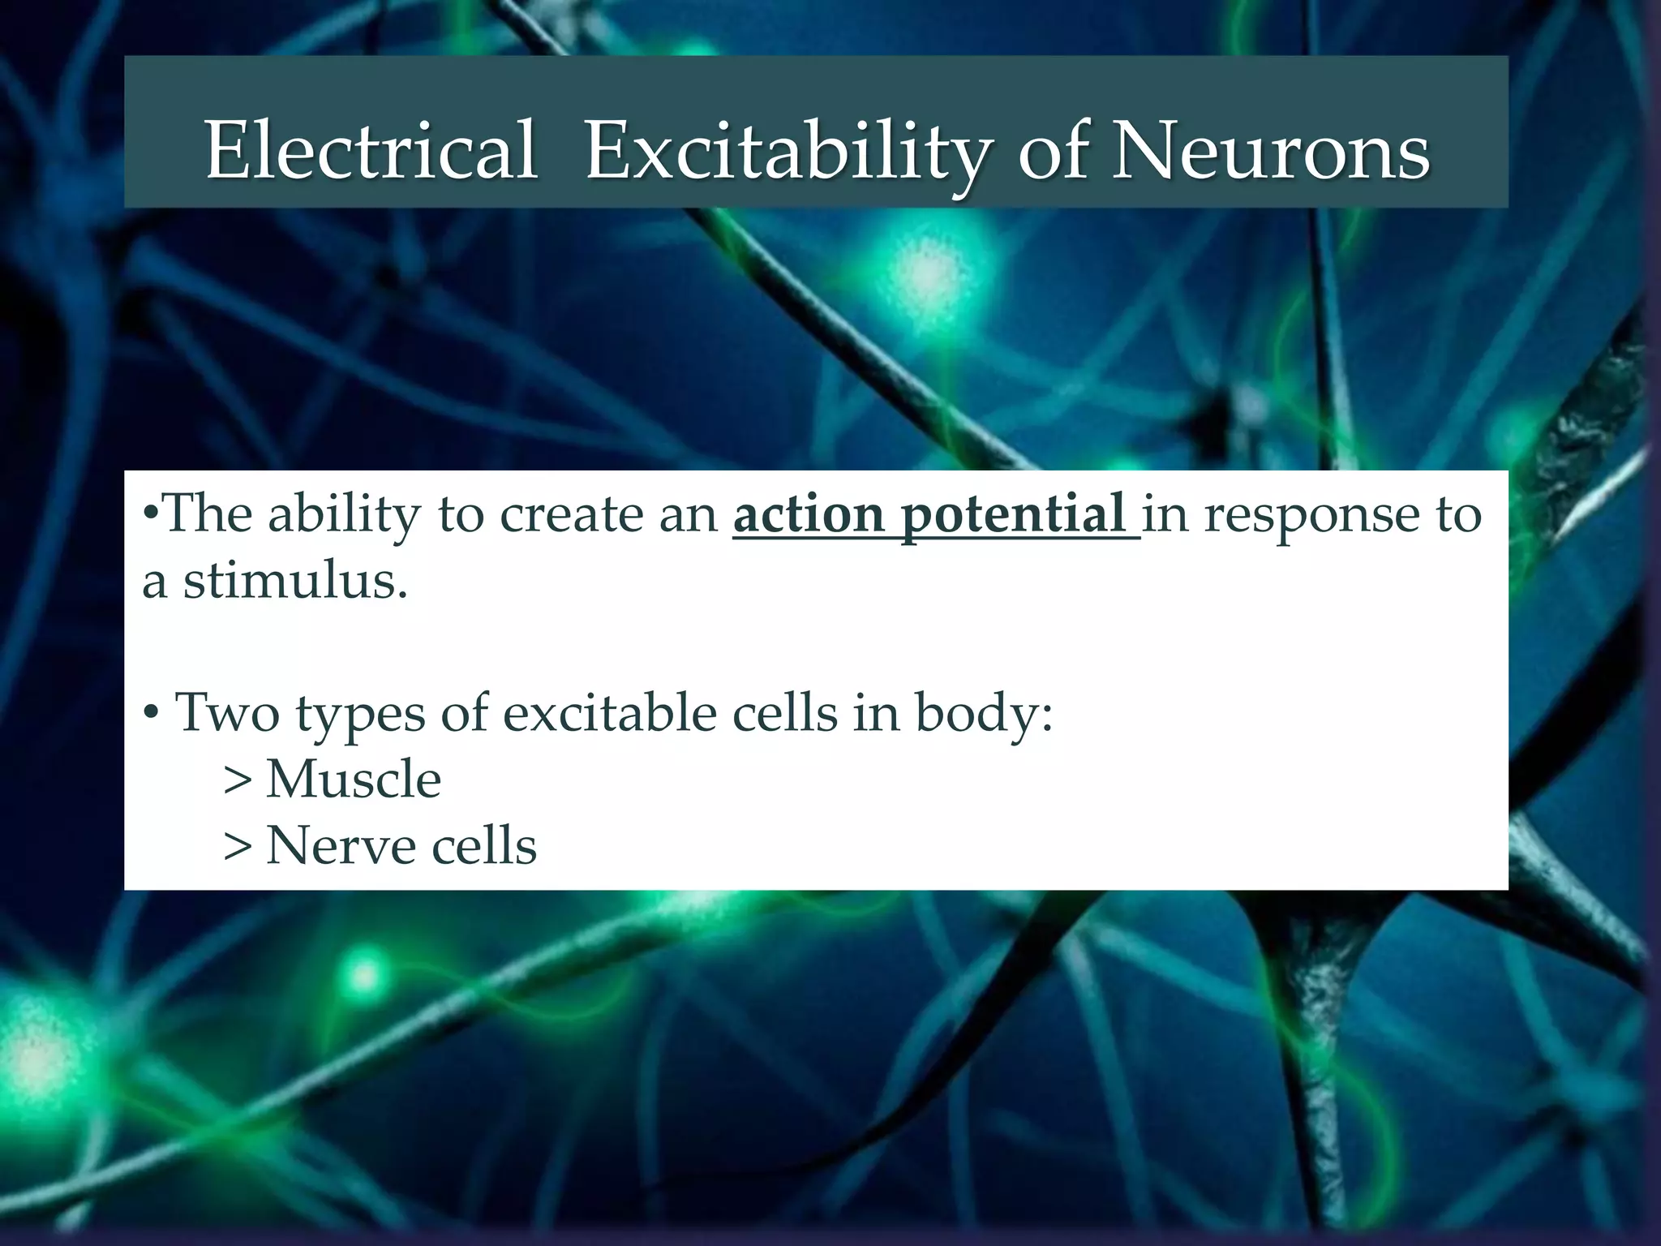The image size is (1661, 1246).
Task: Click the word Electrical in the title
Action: tap(371, 151)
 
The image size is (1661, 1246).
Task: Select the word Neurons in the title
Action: tap(1270, 151)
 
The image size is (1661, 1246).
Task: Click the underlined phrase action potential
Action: tap(934, 514)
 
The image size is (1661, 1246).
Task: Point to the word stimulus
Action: tap(294, 581)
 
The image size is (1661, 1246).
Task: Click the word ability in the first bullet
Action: tap(344, 514)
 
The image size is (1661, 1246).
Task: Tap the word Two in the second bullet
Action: tap(227, 712)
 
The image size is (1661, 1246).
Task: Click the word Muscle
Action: tap(354, 779)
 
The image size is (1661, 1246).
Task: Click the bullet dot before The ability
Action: tap(149, 514)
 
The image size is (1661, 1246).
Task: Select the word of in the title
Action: tap(1053, 151)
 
